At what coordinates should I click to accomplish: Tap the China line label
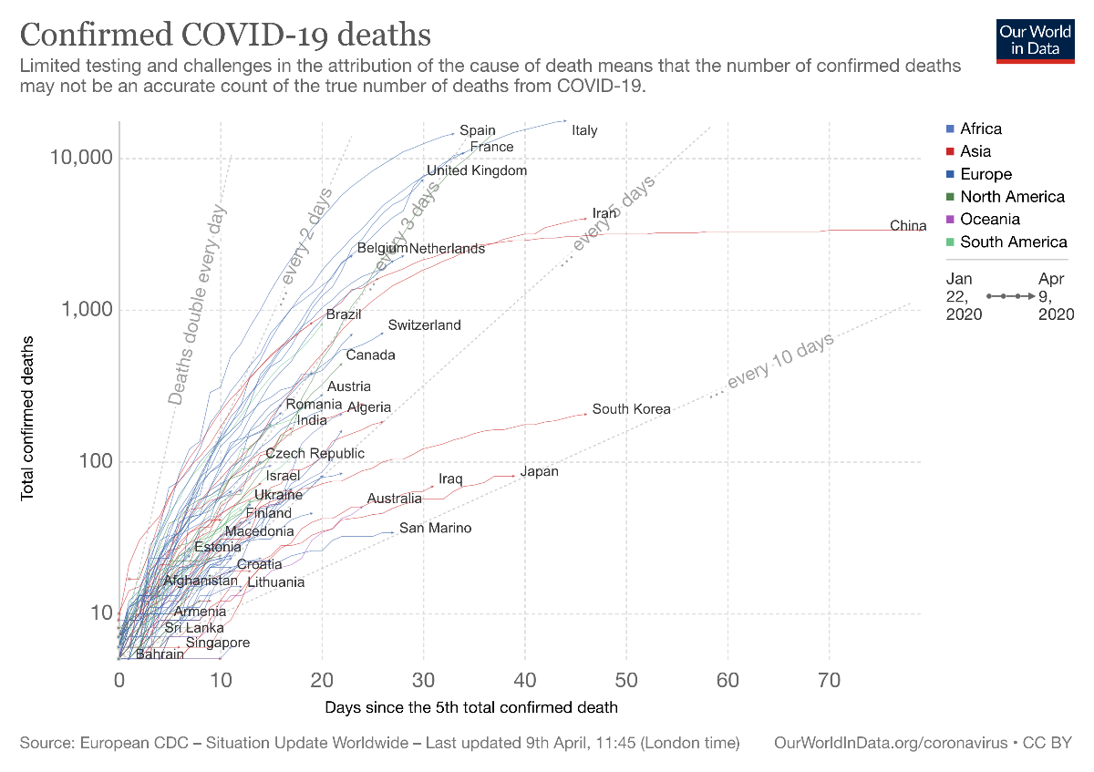(x=908, y=226)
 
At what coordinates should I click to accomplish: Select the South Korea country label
(x=631, y=409)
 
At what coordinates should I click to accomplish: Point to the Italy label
(x=584, y=130)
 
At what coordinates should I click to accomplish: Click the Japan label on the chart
(x=539, y=472)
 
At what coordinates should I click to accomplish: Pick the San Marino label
(x=436, y=529)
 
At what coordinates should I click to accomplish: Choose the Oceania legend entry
(x=989, y=219)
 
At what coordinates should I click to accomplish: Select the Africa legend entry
(x=980, y=129)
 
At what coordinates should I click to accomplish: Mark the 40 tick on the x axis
(x=524, y=680)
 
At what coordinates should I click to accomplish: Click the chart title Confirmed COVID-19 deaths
(x=225, y=35)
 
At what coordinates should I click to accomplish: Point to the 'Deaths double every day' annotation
(x=197, y=305)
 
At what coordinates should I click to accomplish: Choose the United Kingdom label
(x=477, y=170)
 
